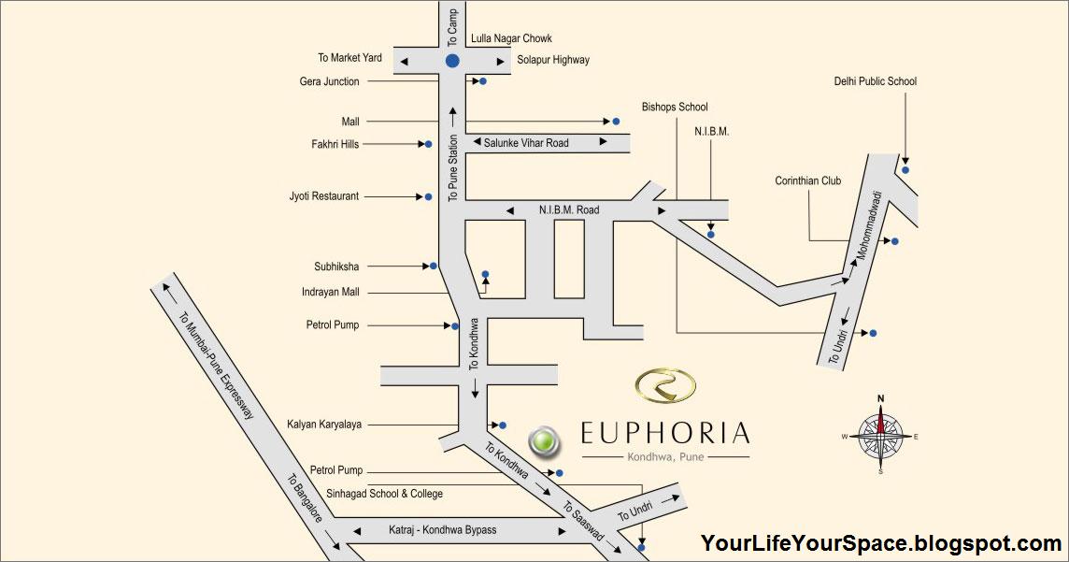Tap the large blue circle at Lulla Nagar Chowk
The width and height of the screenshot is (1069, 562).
(452, 61)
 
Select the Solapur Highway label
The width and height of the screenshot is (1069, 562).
(553, 60)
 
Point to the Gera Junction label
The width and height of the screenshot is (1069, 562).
(329, 81)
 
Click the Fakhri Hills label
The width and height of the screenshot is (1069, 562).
(335, 144)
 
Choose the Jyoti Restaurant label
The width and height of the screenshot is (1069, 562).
(324, 196)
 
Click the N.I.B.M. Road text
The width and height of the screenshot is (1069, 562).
(569, 210)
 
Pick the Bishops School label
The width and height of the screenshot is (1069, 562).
(675, 108)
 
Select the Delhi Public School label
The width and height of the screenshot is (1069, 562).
(876, 81)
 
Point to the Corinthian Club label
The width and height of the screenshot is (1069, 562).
(808, 180)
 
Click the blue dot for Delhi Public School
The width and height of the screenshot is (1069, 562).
(905, 169)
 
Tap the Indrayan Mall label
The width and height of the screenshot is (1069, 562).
(331, 292)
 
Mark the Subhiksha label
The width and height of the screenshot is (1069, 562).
(336, 267)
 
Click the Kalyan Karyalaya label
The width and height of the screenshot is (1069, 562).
(324, 425)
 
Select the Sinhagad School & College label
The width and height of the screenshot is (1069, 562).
(385, 493)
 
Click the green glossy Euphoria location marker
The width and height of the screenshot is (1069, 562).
(543, 441)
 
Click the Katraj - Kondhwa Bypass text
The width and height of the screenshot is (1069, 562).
(443, 530)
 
